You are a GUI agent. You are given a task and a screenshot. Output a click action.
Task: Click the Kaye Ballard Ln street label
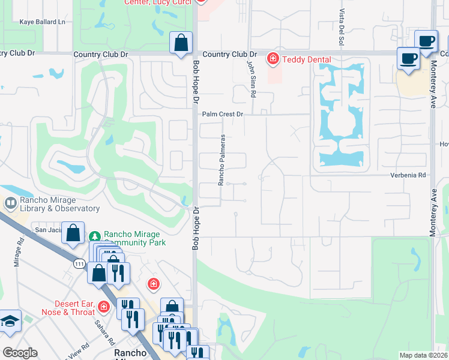coord(42,22)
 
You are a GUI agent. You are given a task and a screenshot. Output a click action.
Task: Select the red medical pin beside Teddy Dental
coord(273,58)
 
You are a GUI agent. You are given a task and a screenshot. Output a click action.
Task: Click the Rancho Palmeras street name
coord(221,160)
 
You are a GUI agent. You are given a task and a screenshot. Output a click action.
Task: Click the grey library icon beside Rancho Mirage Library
coord(10,203)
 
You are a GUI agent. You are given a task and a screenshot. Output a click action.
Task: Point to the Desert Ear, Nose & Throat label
coord(68,308)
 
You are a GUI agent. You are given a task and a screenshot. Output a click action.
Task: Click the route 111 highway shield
coord(79,263)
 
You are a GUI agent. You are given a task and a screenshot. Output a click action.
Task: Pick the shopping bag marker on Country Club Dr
coord(181,43)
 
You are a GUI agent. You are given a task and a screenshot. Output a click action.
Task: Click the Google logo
coord(20,353)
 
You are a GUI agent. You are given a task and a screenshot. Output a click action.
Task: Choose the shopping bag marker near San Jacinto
coord(73,233)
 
